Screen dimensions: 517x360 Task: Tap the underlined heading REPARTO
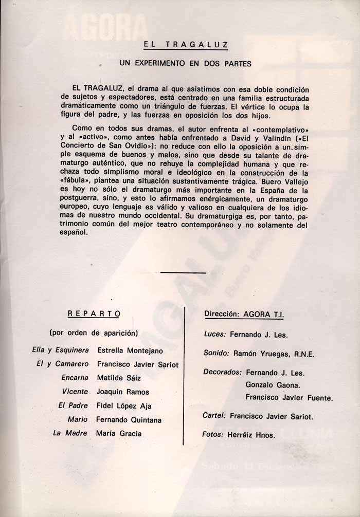pyautogui.click(x=93, y=312)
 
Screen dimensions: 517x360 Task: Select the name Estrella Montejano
pyautogui.click(x=130, y=350)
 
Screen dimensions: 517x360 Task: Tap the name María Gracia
pyautogui.click(x=119, y=433)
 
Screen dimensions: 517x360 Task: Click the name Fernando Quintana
pyautogui.click(x=129, y=419)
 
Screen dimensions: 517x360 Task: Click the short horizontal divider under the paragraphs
pyautogui.click(x=183, y=272)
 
